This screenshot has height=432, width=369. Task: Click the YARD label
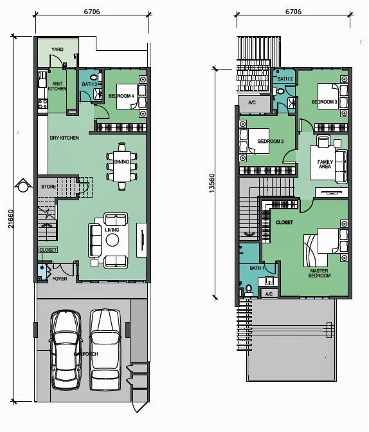[57, 49]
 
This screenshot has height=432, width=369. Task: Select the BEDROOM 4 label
[120, 96]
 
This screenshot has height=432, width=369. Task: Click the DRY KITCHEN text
[64, 138]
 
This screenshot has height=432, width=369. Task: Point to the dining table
[122, 165]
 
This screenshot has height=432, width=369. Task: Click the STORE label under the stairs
[48, 187]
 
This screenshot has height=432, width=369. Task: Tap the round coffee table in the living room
[113, 240]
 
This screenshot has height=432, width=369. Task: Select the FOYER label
[60, 279]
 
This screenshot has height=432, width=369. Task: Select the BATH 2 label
[285, 79]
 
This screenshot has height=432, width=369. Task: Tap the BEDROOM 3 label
[324, 102]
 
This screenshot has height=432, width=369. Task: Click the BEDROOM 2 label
[270, 141]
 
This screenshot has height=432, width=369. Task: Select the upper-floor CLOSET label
[284, 222]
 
